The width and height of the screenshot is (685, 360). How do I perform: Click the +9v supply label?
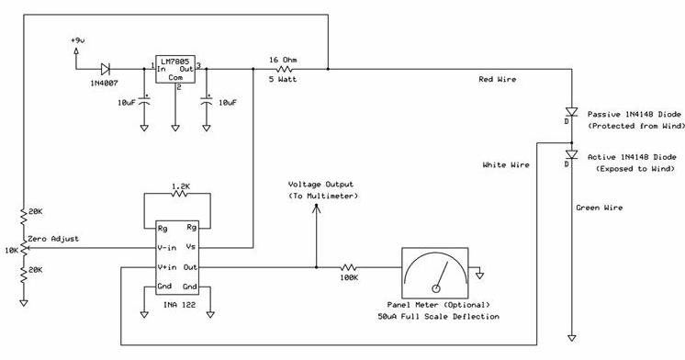click(77, 40)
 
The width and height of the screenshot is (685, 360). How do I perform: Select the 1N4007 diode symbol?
click(105, 69)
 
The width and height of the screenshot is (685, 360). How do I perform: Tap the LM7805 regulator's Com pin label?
click(175, 78)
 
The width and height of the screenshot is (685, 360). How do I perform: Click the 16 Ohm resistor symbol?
click(284, 69)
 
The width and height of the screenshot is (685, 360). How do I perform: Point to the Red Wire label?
click(497, 79)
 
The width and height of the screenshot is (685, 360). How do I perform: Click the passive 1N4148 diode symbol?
click(571, 112)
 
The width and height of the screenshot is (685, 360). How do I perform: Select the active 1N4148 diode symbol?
click(571, 154)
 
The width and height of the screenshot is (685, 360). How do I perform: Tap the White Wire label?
click(506, 164)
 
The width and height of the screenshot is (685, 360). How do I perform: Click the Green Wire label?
click(599, 208)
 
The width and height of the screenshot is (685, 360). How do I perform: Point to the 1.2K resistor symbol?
click(180, 194)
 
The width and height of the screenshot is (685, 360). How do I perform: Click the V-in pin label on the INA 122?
click(167, 248)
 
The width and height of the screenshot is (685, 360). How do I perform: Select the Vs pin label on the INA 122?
click(190, 247)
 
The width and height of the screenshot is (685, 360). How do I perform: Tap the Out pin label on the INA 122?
click(190, 267)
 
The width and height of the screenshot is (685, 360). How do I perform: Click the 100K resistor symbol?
click(349, 267)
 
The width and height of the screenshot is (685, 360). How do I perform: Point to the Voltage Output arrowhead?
click(316, 208)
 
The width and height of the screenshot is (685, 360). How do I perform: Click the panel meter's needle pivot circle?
click(435, 288)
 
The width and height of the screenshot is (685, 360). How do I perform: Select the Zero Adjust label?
click(53, 239)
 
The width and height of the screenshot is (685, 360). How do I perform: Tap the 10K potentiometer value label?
click(11, 251)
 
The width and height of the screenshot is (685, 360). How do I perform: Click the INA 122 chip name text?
click(180, 305)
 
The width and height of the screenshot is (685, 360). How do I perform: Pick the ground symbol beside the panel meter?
click(479, 276)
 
